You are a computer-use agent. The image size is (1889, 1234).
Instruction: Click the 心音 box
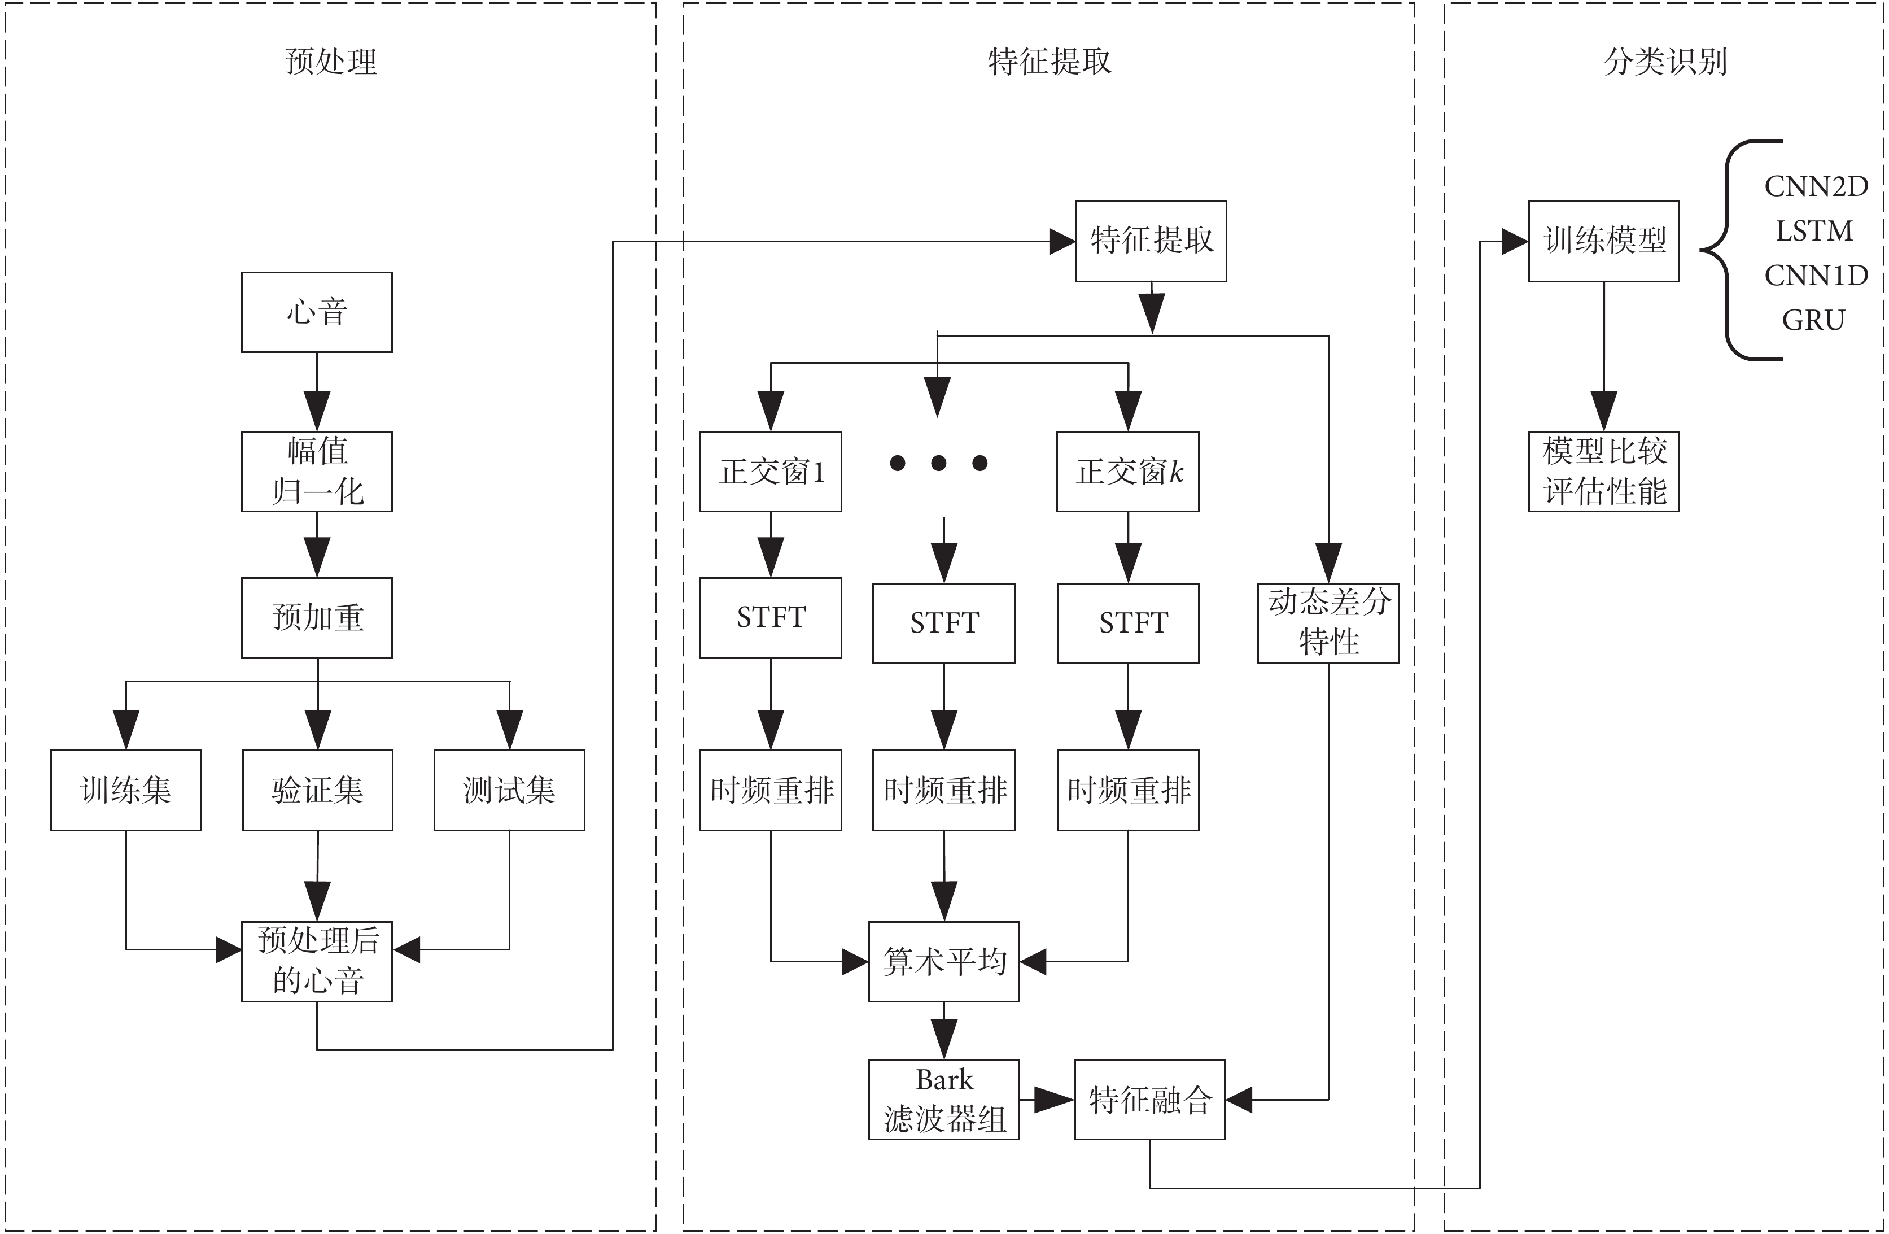(317, 312)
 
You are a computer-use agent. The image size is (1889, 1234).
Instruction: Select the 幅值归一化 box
(317, 472)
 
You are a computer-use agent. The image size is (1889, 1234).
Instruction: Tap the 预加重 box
(317, 618)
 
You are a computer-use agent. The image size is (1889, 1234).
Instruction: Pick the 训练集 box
(126, 790)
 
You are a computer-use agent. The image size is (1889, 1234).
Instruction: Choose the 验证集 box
(317, 790)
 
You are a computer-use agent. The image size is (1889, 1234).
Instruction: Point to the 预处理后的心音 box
(317, 962)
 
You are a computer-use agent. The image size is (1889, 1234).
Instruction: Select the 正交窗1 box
(771, 472)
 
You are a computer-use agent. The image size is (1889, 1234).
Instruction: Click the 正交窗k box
(1128, 472)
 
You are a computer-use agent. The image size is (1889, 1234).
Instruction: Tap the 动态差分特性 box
(1328, 623)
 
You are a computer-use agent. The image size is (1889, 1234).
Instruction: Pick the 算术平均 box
(944, 962)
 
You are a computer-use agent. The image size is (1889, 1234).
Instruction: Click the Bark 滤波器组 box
(944, 1100)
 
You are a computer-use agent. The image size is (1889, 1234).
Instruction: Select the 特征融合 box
(1150, 1100)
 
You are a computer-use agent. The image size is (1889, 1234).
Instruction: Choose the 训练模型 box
(1604, 241)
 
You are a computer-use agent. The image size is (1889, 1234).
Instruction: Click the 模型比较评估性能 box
(1604, 472)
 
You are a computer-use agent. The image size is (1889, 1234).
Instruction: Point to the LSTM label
(1814, 231)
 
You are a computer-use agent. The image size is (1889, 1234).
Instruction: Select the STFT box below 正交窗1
(771, 618)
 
